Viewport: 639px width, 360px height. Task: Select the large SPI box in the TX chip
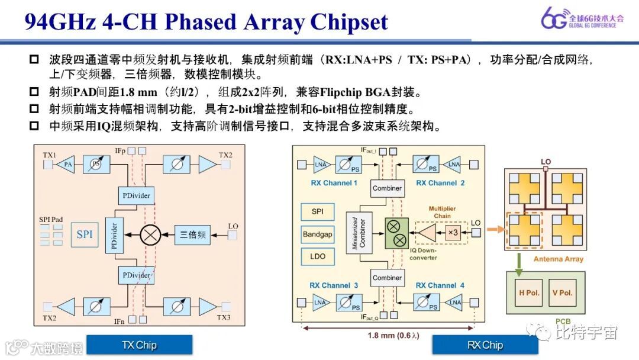click(85, 234)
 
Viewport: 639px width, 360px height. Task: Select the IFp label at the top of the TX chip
click(121, 151)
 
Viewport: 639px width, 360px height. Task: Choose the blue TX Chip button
click(139, 345)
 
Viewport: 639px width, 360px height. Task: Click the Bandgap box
click(318, 234)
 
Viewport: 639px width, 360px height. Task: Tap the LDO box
click(318, 256)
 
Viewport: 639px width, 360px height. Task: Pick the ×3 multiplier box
click(453, 233)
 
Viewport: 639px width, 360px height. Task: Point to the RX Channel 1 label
click(334, 183)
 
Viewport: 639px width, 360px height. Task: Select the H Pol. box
click(529, 293)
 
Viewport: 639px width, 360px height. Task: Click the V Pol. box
click(561, 293)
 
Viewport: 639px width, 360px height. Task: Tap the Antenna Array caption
click(558, 259)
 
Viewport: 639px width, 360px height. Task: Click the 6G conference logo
click(579, 19)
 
